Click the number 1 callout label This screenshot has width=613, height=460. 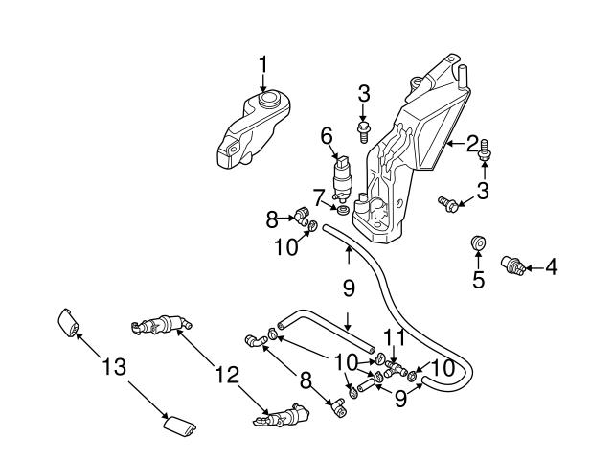tap(263, 66)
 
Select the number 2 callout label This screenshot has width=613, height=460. tap(473, 145)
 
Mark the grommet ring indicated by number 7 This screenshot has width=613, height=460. tap(342, 210)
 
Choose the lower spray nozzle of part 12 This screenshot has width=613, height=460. tap(282, 417)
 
